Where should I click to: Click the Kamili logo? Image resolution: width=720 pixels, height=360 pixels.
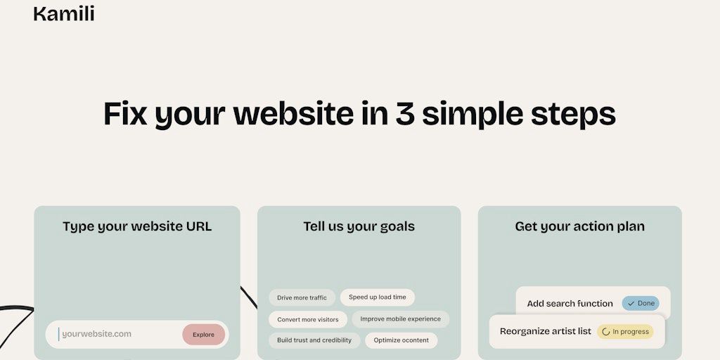pos(64,14)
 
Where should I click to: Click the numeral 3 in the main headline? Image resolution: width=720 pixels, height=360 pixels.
pos(404,113)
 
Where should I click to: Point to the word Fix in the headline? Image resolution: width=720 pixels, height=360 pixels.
pos(125,113)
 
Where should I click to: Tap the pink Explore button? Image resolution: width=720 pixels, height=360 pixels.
pos(203,335)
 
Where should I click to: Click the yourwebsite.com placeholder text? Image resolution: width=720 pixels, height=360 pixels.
pos(96,334)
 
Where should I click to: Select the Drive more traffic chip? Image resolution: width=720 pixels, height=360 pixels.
pos(302,297)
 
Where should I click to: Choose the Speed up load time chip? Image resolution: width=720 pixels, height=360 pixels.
pos(378,297)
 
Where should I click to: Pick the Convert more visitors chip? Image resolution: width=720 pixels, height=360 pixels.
pos(308,320)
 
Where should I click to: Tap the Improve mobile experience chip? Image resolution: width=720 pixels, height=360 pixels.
pos(400,319)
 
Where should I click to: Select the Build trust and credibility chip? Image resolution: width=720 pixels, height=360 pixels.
pos(314,340)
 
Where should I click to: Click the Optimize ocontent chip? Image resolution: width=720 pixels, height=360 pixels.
pos(401,340)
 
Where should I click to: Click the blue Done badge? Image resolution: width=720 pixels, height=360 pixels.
pos(641,304)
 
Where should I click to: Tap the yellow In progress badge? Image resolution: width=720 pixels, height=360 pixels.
pos(625,332)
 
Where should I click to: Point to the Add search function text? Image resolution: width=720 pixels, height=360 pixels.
pos(570,304)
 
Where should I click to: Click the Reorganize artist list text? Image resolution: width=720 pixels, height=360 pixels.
pos(546,331)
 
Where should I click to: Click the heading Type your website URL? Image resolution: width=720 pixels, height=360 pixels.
pos(137,226)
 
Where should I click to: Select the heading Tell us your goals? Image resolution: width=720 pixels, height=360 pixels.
pos(359,226)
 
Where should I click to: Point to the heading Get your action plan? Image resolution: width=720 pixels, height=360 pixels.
pos(579,226)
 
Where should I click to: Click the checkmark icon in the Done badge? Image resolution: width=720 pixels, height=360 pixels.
pos(631,304)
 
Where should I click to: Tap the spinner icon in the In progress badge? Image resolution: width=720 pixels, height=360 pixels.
pos(605,332)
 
